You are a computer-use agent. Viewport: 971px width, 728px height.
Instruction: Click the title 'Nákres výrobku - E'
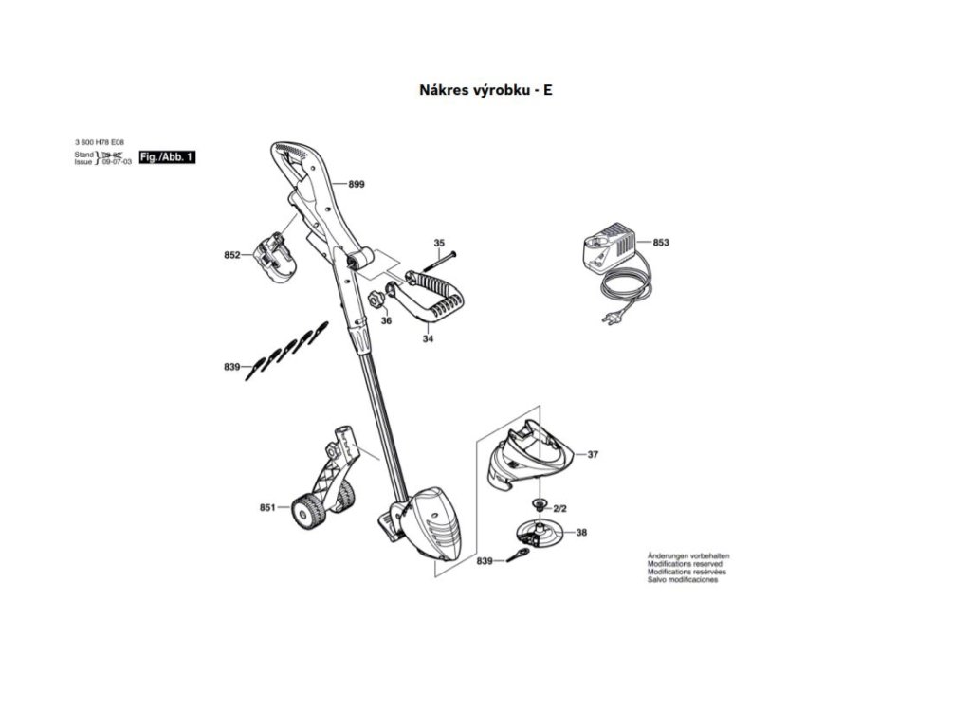[485, 91]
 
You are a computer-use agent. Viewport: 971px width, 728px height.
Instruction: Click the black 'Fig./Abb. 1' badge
[167, 156]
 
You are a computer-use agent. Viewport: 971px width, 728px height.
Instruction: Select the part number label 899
[356, 185]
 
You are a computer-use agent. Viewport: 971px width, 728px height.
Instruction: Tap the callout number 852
[232, 256]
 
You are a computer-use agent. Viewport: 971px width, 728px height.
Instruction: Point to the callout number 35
[439, 244]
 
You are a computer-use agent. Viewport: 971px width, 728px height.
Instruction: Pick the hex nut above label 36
[374, 299]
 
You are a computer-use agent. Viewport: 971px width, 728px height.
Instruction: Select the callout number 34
[428, 337]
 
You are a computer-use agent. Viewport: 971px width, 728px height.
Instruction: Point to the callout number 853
[661, 244]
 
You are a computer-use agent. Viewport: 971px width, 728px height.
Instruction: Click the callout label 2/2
[573, 509]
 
